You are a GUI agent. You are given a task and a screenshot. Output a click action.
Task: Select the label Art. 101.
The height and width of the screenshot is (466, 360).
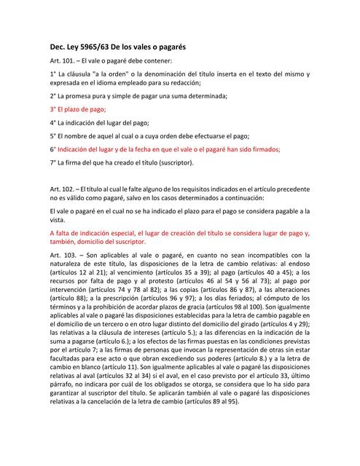[63, 61]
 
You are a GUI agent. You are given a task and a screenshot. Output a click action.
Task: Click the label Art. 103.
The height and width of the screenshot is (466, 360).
[63, 256]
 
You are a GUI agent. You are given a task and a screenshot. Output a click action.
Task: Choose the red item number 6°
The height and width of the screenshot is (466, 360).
[54, 149]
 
